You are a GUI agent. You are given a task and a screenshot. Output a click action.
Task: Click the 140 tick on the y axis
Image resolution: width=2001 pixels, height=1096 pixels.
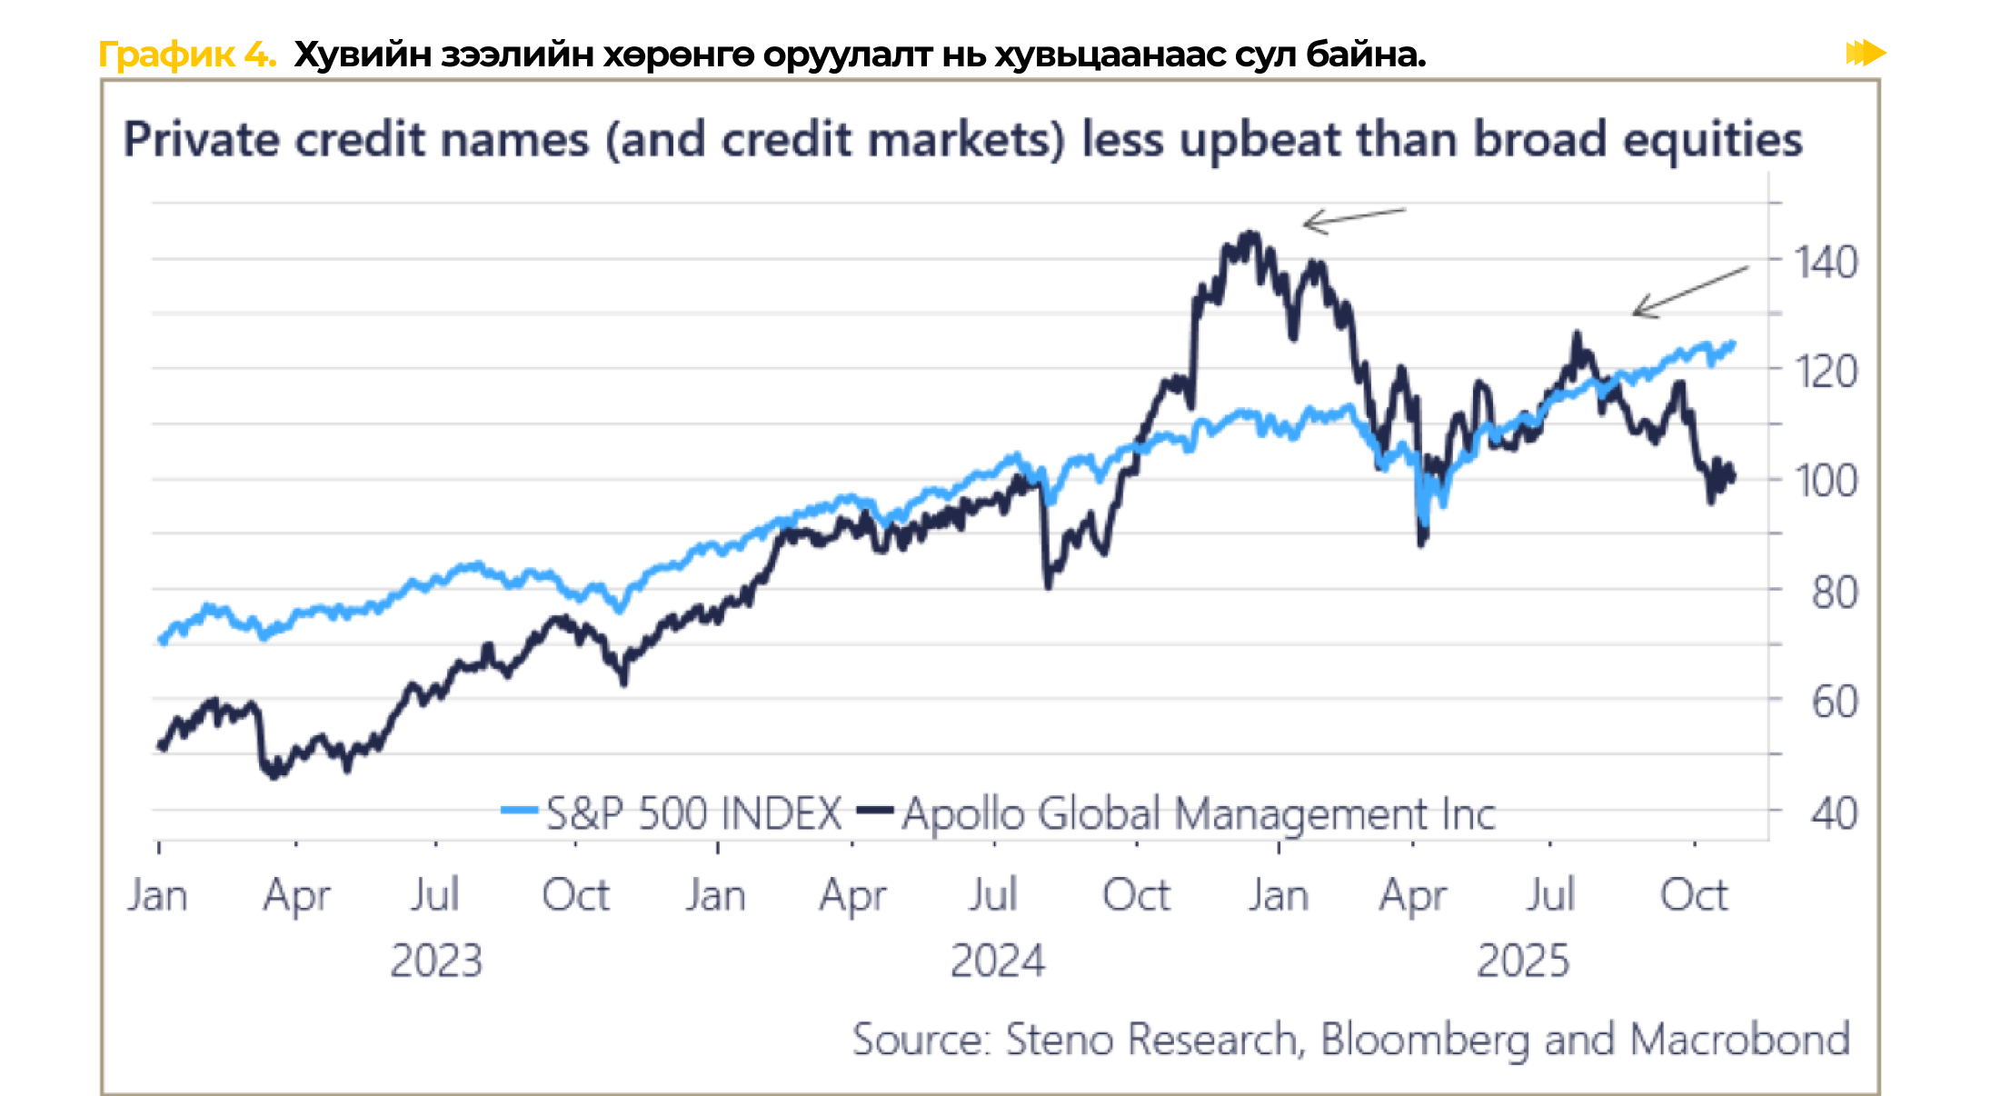coord(1825,263)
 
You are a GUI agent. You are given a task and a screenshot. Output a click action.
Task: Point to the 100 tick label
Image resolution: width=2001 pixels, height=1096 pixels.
coord(1825,481)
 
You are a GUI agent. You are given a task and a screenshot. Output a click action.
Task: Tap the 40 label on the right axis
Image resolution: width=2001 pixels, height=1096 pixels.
coord(1834,813)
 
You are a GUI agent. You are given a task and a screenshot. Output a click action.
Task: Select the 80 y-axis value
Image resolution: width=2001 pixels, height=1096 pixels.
coord(1834,593)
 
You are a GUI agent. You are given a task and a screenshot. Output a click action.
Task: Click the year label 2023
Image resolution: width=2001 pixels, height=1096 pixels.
coord(436,961)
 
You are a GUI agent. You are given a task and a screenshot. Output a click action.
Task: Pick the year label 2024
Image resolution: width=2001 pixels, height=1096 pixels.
coord(998,961)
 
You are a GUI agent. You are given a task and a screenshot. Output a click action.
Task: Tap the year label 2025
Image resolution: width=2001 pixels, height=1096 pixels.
coord(1523,961)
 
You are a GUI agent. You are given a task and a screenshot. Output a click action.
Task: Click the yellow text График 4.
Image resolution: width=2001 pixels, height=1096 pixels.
coord(186,55)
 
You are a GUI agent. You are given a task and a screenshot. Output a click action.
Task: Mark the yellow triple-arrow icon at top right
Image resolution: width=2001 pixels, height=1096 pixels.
coord(1865,53)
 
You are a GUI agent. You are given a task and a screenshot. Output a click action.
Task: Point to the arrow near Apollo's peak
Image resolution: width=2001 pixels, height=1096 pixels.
coord(1353,218)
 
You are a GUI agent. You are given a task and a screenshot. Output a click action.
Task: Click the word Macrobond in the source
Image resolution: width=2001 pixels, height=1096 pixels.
coord(1739,1039)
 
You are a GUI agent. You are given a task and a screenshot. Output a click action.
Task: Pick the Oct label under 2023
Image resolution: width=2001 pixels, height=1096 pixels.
coord(575,895)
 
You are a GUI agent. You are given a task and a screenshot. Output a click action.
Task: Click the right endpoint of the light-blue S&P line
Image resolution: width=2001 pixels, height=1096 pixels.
coord(1733,344)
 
